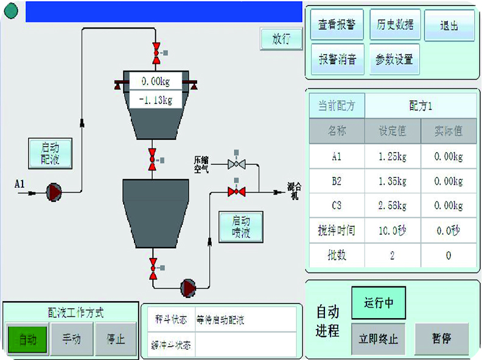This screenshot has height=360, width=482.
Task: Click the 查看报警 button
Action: point(337,25)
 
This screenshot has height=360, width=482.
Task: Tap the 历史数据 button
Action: point(394,25)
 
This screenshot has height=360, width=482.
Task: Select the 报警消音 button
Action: point(337,59)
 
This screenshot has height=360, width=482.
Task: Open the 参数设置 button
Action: point(394,59)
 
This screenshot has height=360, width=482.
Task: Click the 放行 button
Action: point(281,39)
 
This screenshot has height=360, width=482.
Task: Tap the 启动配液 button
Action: point(51,153)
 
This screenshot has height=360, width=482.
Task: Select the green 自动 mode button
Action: point(27,339)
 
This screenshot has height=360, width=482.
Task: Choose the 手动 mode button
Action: point(71,339)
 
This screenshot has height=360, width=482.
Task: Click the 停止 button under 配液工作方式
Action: point(115,339)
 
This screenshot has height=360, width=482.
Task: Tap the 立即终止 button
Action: point(378,339)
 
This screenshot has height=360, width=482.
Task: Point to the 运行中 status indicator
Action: point(378,303)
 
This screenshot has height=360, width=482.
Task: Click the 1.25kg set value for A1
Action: point(393,157)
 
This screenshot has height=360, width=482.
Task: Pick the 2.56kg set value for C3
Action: point(393,206)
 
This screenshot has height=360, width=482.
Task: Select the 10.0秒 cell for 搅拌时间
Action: point(393,230)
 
